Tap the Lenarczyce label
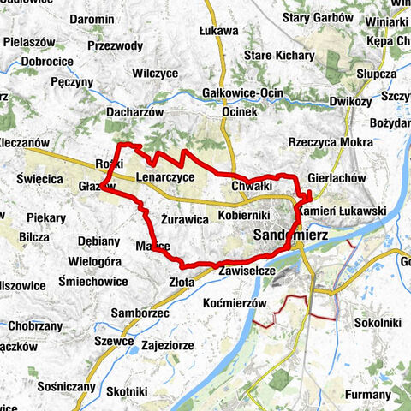[x=165, y=177]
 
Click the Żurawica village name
[x=185, y=219]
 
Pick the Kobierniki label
[x=244, y=214]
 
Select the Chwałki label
[x=252, y=186]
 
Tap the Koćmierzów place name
[x=237, y=304]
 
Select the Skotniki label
[x=128, y=390]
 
